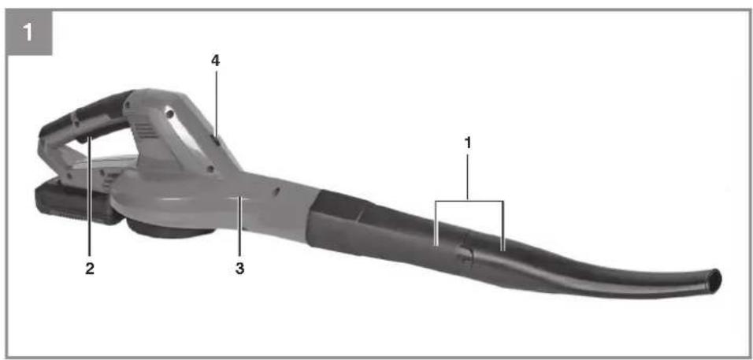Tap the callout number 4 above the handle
216,61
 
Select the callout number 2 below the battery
90,269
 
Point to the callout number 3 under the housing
239,269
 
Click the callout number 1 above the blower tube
468,143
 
